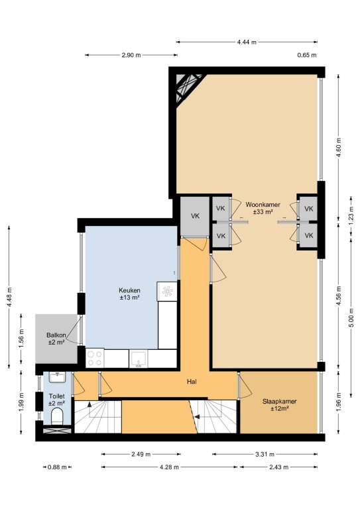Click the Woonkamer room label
pos(263,205)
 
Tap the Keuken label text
pos(129,290)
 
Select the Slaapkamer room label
pos(280,401)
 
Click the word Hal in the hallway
pos(192,382)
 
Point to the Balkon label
pos(56,335)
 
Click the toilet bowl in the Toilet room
pos(57,416)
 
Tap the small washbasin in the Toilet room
pos(58,377)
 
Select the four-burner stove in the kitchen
pos(95,358)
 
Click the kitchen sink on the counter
pos(139,359)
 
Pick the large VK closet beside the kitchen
pos(195,216)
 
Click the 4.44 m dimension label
pos(247,42)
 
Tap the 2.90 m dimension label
pos(131,55)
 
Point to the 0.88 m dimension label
pos(57,467)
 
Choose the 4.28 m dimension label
pos(169,467)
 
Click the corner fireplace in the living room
pos(188,87)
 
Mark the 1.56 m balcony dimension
pos(21,339)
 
